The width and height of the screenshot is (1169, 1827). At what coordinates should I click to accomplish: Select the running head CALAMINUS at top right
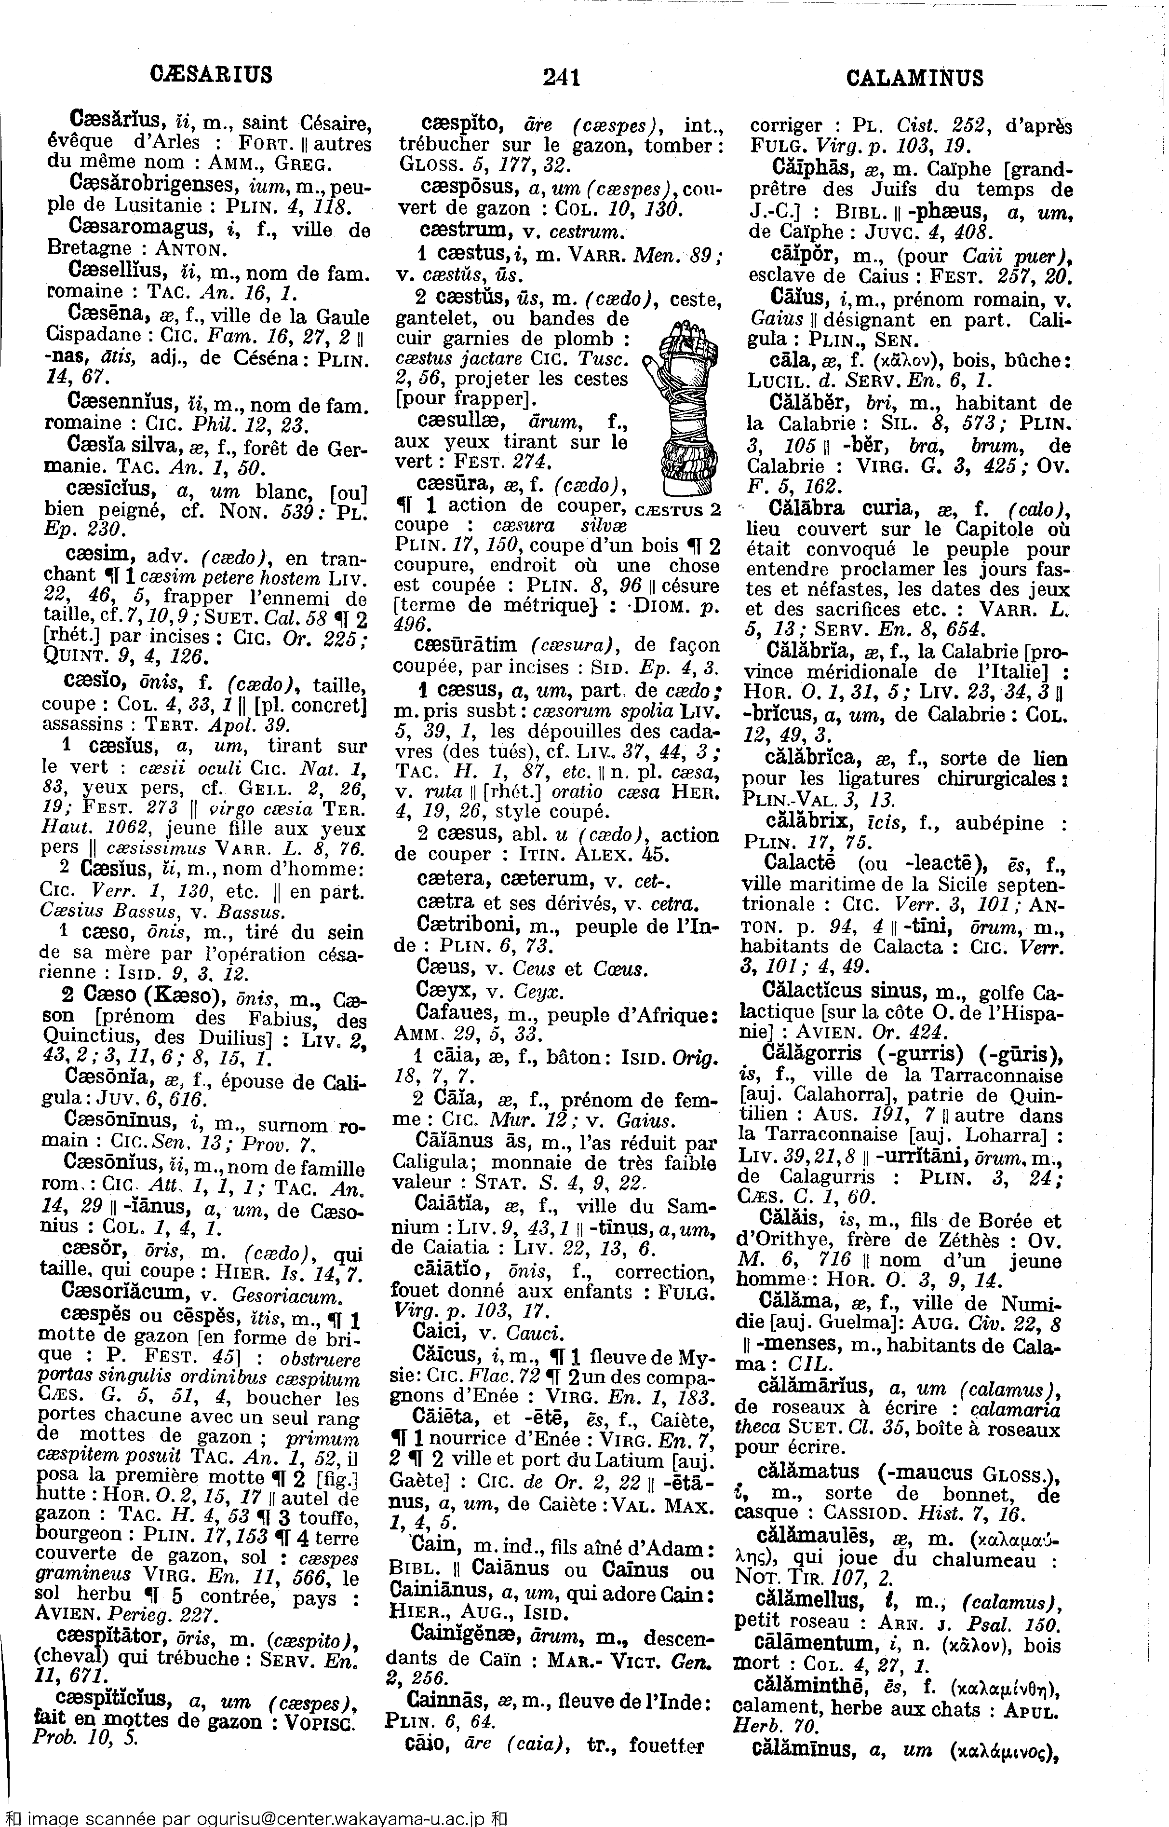coord(914,78)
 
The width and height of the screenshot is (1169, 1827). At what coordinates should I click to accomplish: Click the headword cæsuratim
coord(465,645)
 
